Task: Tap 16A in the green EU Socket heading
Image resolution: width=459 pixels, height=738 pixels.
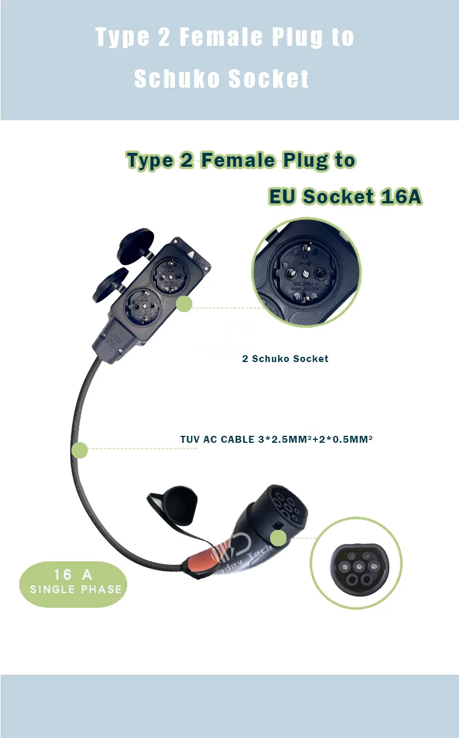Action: click(401, 196)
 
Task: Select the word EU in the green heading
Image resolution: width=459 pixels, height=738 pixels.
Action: click(282, 196)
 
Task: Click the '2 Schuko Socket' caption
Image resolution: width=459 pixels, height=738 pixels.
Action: click(285, 359)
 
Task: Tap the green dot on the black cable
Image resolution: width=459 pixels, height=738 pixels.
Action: click(79, 450)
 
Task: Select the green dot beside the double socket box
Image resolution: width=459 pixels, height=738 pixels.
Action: click(184, 303)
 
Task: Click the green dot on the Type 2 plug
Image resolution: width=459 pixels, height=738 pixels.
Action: click(278, 538)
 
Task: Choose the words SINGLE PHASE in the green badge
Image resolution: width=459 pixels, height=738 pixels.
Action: click(76, 589)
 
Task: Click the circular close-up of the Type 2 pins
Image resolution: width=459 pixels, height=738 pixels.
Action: click(356, 563)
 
